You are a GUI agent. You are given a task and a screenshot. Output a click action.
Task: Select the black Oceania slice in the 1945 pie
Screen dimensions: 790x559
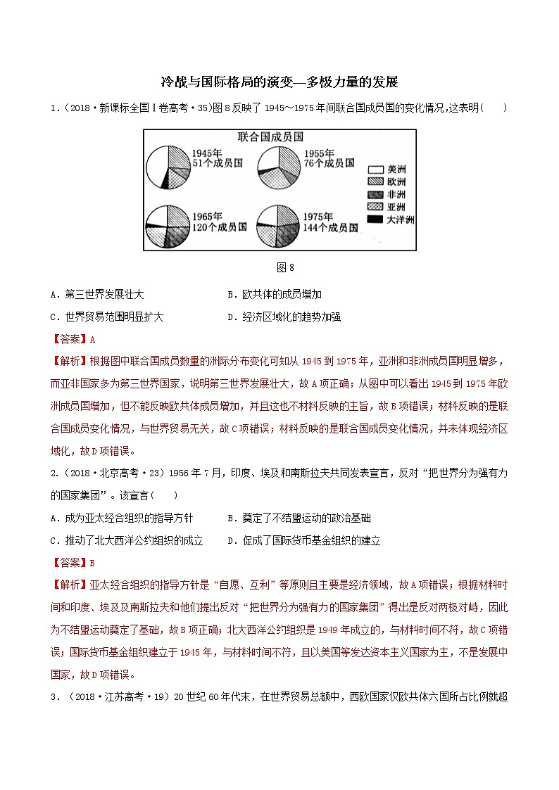tap(165, 184)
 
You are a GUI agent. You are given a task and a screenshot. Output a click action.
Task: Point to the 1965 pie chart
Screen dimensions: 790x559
tap(167, 225)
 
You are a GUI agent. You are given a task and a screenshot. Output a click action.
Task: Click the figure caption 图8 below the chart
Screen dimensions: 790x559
tap(280, 267)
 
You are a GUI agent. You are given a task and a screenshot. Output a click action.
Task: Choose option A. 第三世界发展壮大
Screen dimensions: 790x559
tap(103, 295)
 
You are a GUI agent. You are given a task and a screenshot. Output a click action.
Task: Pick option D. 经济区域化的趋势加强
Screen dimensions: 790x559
tap(284, 317)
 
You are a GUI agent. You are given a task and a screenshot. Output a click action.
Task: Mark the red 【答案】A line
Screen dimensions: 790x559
tap(73, 339)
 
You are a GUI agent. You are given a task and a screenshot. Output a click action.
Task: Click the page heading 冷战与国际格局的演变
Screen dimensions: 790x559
tap(204, 82)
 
